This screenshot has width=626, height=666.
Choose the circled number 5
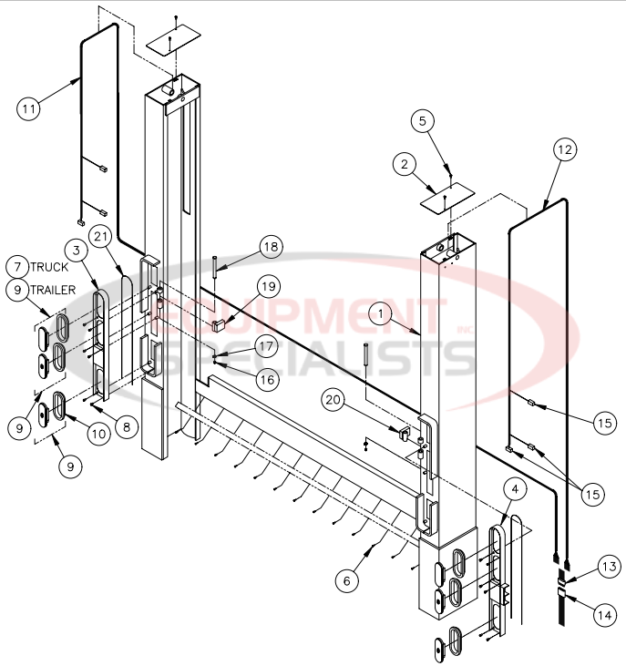422,120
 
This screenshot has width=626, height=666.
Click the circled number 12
564,149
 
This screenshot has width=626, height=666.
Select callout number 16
267,377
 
